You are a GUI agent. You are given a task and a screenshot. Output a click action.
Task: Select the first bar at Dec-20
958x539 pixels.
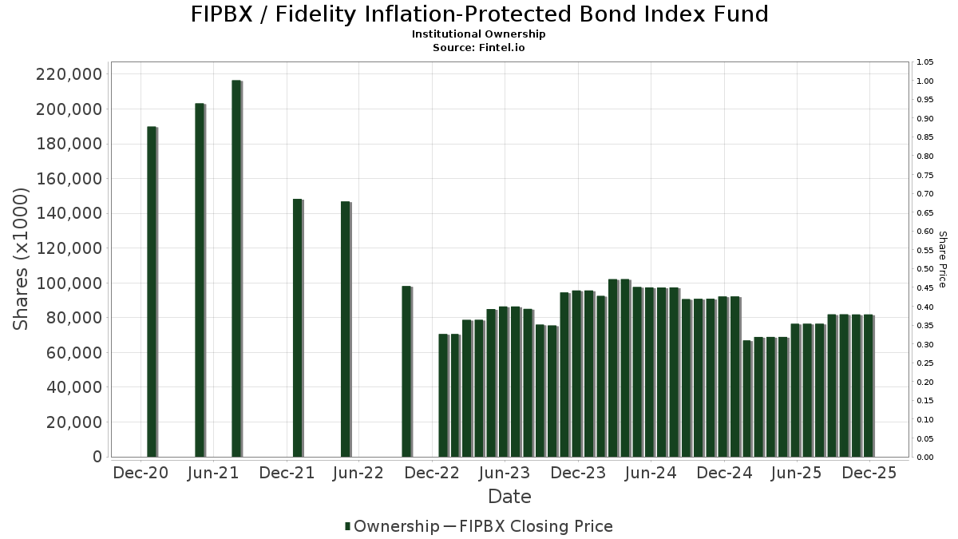coord(152,291)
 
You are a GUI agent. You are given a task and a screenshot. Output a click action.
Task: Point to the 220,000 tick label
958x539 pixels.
coord(69,74)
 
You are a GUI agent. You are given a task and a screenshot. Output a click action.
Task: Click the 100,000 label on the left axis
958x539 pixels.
coord(69,283)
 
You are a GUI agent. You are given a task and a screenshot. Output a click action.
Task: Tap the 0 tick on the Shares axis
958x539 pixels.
coord(97,457)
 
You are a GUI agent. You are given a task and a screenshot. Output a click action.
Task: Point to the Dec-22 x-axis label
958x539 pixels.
coord(430,473)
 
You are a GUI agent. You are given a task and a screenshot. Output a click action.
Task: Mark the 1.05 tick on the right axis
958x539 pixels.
coord(925,62)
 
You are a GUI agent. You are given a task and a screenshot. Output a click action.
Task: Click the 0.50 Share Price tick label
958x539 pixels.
coord(925,269)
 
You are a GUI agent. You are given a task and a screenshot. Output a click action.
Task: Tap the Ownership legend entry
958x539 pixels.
coord(391,526)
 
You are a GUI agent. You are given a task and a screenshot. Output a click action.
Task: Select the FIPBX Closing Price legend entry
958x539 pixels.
coord(528,526)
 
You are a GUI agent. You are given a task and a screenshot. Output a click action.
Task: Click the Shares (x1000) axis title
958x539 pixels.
coord(22,259)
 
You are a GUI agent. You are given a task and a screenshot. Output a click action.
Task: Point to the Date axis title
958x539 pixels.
coord(509,497)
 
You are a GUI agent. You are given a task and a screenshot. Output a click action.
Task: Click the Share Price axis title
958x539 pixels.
coord(942,259)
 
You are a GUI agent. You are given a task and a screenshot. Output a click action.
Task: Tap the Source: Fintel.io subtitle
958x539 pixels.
coord(479,47)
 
